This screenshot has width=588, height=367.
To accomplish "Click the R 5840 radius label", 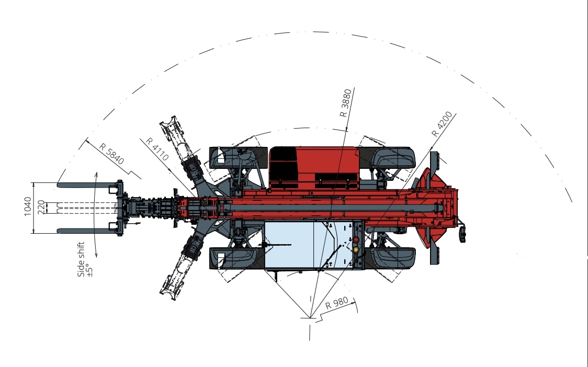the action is [x=111, y=154].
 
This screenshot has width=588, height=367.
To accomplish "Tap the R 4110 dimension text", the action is [x=157, y=148].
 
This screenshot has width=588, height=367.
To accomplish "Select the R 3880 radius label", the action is [x=346, y=102].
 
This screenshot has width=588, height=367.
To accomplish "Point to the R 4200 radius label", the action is [x=442, y=124].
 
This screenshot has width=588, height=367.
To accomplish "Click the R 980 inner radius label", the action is [x=337, y=303].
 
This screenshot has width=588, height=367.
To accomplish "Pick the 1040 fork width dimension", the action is [x=28, y=207].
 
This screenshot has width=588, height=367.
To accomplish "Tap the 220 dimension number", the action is [x=41, y=208].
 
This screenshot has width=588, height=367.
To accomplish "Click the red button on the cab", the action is [x=356, y=239].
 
